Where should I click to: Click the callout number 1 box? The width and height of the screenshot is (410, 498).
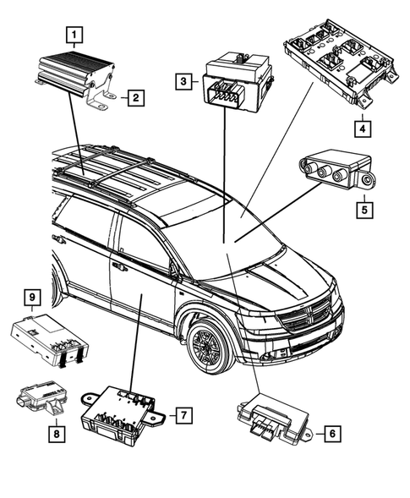(75, 36)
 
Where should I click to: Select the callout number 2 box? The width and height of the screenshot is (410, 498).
(134, 99)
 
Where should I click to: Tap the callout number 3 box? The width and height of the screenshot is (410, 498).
(182, 82)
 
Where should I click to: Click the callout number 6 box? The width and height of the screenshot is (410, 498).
(332, 433)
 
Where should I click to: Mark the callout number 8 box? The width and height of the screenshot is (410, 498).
(55, 433)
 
